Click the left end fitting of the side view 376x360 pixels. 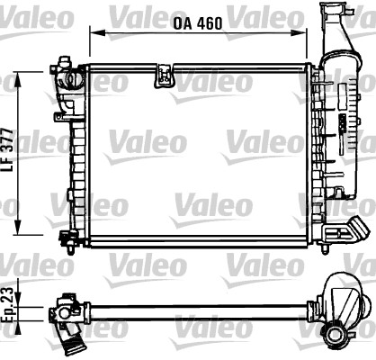coord(67,312)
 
